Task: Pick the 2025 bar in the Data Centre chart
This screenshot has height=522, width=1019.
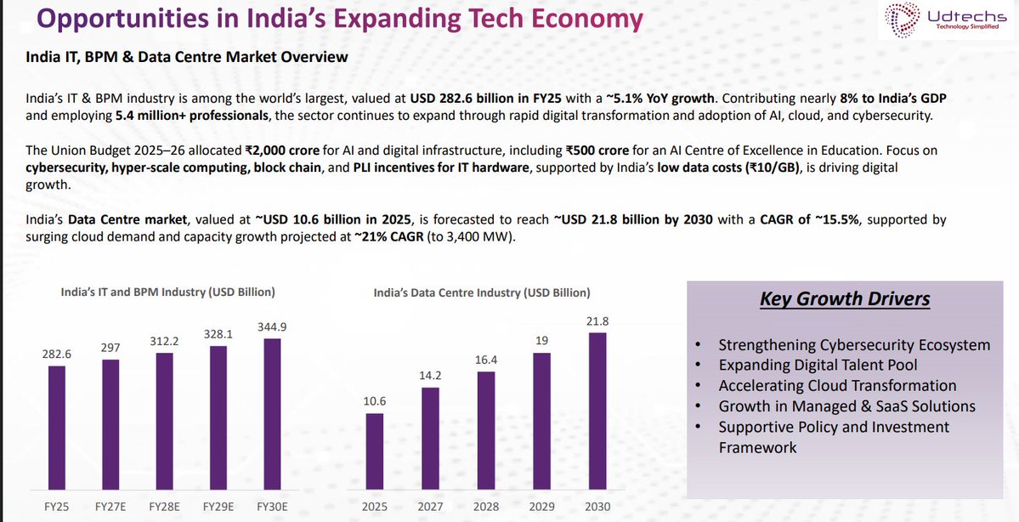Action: tap(374, 451)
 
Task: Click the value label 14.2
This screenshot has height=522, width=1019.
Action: tap(430, 374)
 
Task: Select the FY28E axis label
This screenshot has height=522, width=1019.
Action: tap(165, 506)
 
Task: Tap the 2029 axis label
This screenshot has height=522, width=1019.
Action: tap(541, 506)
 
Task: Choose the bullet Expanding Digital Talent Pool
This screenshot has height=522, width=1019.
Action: tap(818, 365)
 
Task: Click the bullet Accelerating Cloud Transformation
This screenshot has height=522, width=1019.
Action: tap(837, 385)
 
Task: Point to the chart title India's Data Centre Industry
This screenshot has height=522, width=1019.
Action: tap(482, 292)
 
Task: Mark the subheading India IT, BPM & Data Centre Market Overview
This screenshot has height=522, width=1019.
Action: tap(188, 57)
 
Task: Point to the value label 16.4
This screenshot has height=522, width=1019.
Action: tap(485, 360)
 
